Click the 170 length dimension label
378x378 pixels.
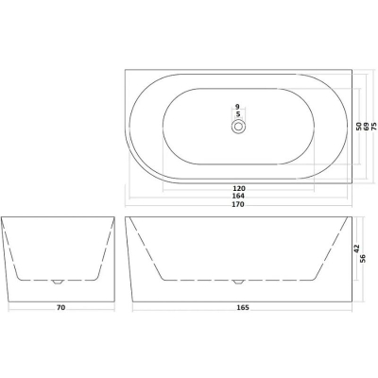[x=238, y=204]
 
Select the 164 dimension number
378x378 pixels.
[x=238, y=196]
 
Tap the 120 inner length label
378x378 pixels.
[x=239, y=188]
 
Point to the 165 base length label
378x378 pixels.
[x=243, y=307]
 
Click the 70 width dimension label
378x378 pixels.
[x=61, y=307]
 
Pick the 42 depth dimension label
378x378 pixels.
[x=357, y=249]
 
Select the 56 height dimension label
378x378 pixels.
[x=363, y=258]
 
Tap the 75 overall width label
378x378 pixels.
[x=374, y=127]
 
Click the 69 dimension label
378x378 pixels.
[x=367, y=127]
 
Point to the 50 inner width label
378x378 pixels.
[x=358, y=127]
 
